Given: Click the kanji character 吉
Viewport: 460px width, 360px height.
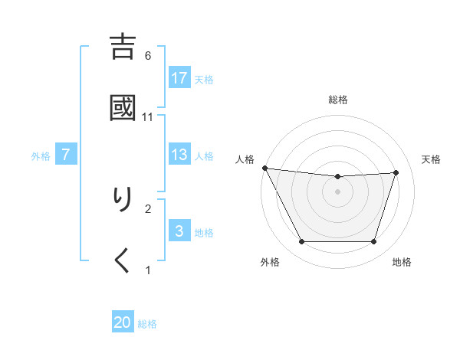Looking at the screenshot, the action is (x=123, y=47).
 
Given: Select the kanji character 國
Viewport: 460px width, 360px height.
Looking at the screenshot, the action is (x=123, y=108).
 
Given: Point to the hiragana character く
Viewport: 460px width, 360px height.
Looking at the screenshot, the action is (x=123, y=260).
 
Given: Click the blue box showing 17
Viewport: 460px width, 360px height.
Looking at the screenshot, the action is (x=179, y=78).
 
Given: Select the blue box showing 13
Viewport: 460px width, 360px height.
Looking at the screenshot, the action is (x=179, y=155).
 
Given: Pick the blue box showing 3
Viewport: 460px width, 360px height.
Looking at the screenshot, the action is (x=179, y=231).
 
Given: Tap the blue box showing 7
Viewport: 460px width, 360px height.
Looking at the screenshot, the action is (x=66, y=155).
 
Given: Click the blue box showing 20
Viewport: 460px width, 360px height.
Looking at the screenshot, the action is (x=123, y=323).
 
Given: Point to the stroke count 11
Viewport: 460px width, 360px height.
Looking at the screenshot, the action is (x=148, y=116).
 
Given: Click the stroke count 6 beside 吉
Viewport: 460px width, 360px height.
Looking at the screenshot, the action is (x=148, y=55).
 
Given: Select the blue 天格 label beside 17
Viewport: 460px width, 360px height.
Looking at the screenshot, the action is (x=204, y=79).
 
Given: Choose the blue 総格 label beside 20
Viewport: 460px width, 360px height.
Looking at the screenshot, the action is (x=147, y=324).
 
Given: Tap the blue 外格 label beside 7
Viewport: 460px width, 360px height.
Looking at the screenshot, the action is (x=41, y=155).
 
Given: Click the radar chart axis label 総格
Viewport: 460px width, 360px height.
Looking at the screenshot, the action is (x=338, y=100).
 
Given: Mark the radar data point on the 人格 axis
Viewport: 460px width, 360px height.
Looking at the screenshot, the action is (x=264, y=168).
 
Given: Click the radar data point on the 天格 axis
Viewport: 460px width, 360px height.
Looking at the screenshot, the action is (x=396, y=172).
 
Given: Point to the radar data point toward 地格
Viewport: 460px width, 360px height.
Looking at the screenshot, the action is (x=374, y=242).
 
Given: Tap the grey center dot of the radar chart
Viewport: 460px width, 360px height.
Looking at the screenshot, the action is (x=338, y=191).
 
